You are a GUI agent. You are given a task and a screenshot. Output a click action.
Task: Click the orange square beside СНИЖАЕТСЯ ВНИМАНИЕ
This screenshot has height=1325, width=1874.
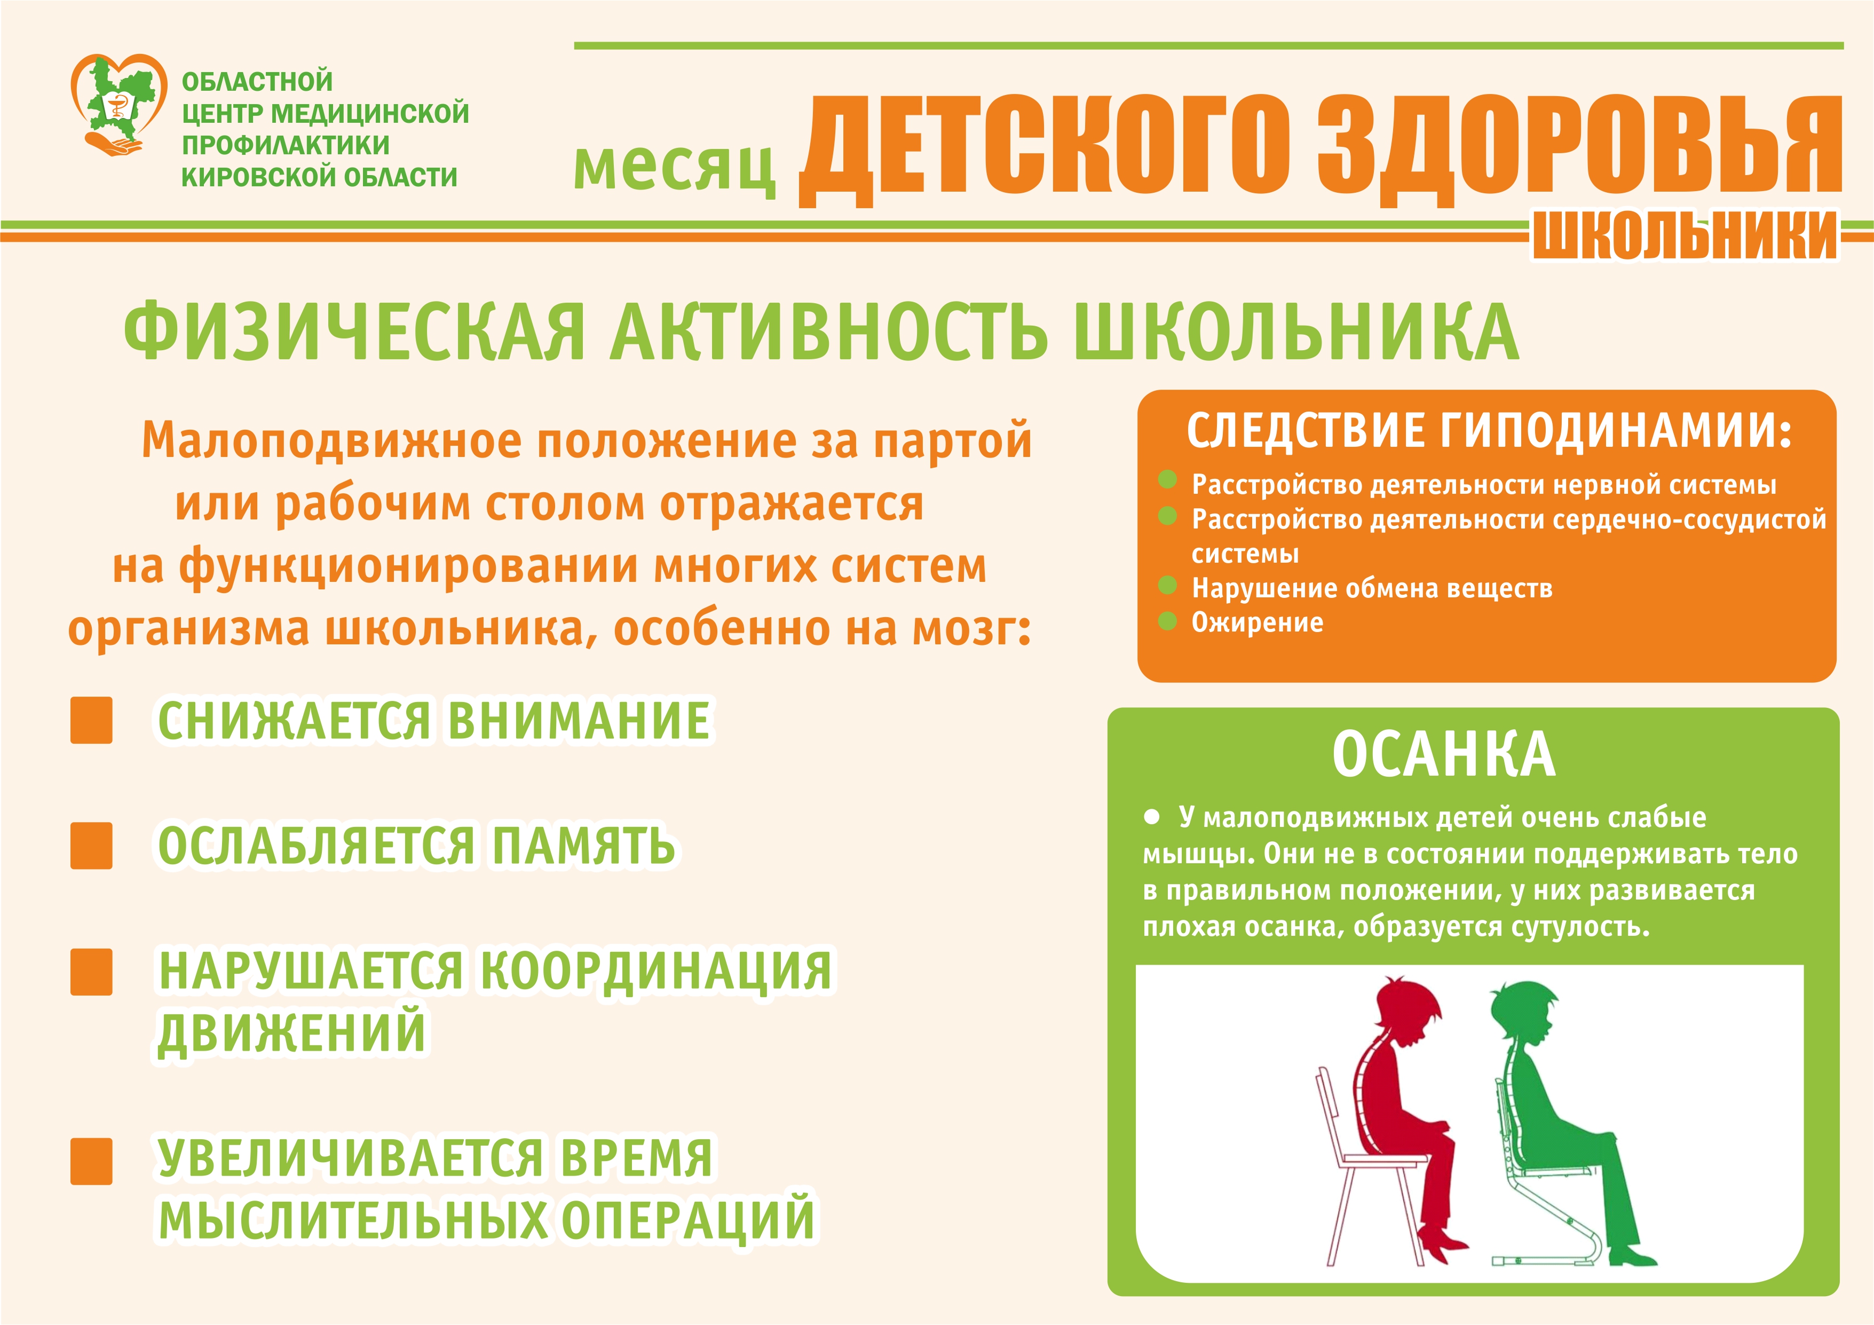click(91, 720)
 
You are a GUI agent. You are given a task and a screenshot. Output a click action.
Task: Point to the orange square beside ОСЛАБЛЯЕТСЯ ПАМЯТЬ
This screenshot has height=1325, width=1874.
click(91, 846)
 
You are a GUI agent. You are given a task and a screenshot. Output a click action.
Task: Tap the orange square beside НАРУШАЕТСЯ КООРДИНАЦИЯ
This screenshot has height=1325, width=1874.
click(91, 972)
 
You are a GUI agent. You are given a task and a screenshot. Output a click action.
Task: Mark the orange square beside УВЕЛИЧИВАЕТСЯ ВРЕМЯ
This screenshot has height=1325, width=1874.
click(91, 1161)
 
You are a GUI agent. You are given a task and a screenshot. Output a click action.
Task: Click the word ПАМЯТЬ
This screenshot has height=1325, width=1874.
click(583, 845)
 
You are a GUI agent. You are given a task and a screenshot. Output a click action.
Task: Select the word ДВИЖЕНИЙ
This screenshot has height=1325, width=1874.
click(291, 1032)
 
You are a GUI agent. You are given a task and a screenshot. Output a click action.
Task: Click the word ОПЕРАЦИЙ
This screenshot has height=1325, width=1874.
click(688, 1219)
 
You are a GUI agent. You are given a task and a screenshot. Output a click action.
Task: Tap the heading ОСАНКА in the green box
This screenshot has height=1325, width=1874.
click(1443, 754)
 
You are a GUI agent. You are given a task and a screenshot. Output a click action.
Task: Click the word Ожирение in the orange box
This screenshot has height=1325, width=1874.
click(1257, 622)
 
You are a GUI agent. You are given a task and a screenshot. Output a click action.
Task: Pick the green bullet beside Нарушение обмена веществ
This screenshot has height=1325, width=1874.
click(1167, 585)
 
